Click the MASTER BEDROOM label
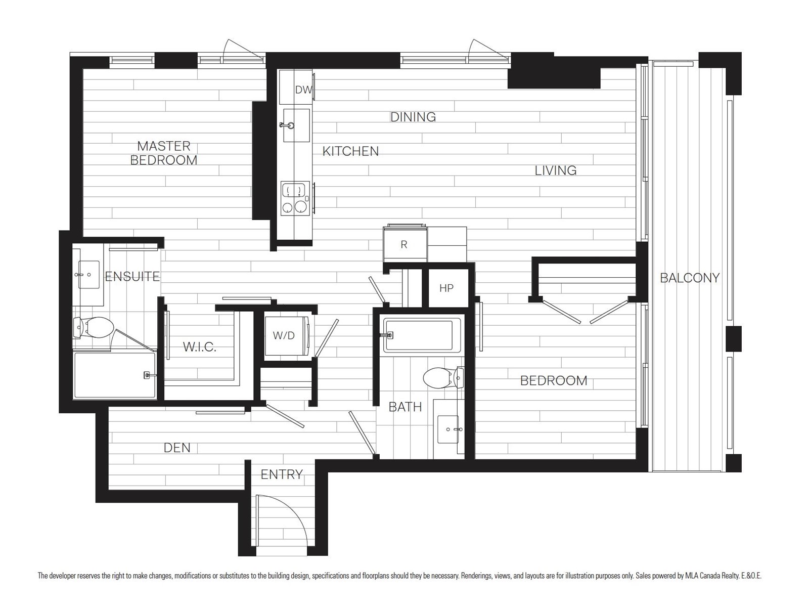pyautogui.click(x=164, y=153)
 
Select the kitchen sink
pyautogui.click(x=296, y=125)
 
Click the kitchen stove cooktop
pyautogui.click(x=295, y=198)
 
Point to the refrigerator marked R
pyautogui.click(x=404, y=244)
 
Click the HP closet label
pyautogui.click(x=446, y=288)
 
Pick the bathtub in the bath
pyautogui.click(x=418, y=335)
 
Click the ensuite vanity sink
pyautogui.click(x=88, y=275)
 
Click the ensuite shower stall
pyautogui.click(x=115, y=375)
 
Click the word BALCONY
pyautogui.click(x=690, y=278)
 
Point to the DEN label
pyautogui.click(x=177, y=448)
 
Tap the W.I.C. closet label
pyautogui.click(x=199, y=347)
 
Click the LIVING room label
pyautogui.click(x=555, y=170)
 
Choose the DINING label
pyautogui.click(x=413, y=117)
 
